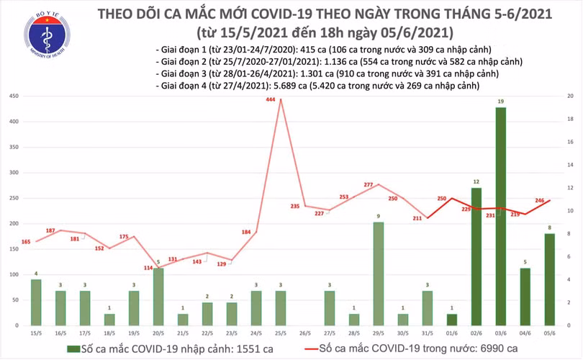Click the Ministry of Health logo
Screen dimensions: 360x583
(x=47, y=35)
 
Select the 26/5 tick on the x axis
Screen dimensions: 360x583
(x=305, y=333)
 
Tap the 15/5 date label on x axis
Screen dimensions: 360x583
(x=36, y=333)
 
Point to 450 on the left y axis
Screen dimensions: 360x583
(x=14, y=96)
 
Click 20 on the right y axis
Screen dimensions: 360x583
(x=569, y=96)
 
